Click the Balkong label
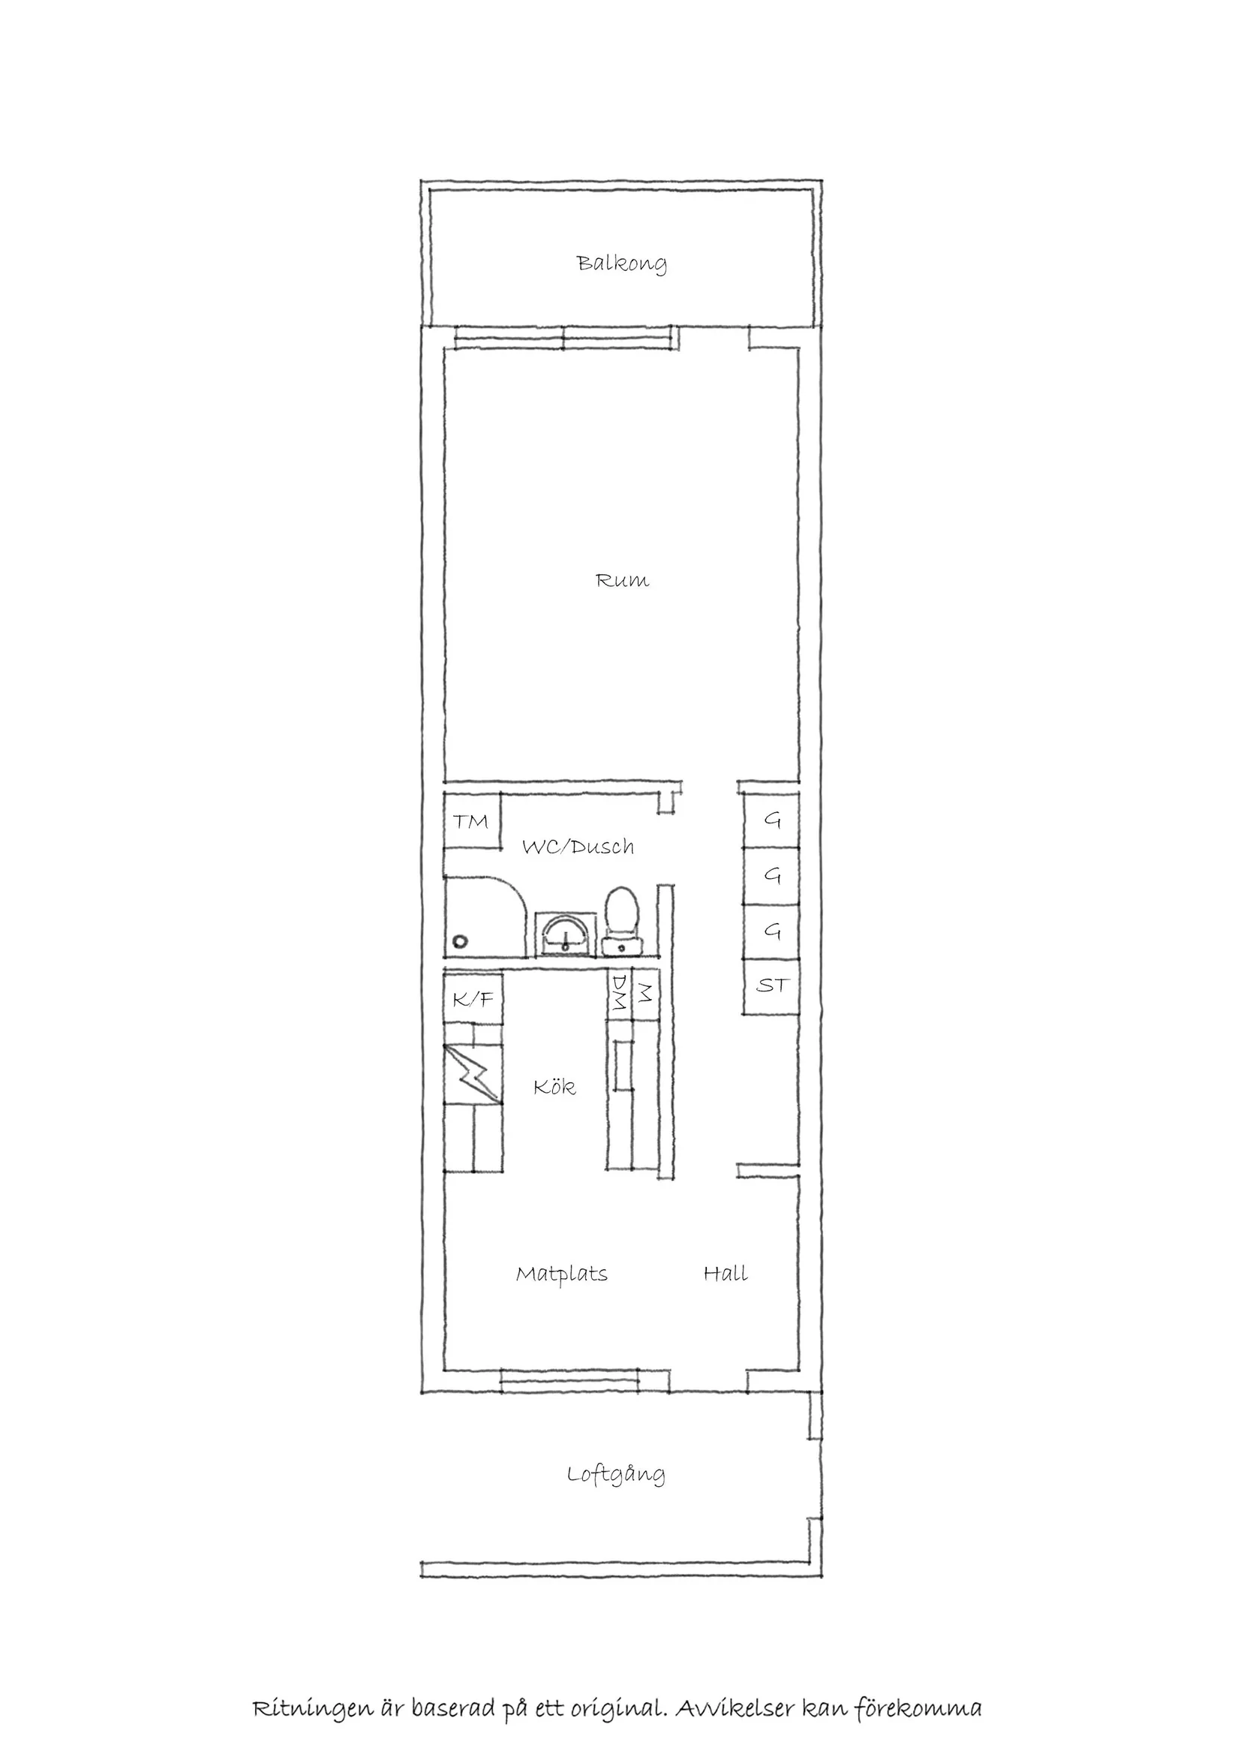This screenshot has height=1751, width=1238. [x=621, y=264]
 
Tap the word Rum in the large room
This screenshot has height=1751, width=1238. [x=622, y=581]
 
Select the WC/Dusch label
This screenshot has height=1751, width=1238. [x=578, y=847]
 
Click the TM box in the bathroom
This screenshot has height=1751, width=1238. [x=471, y=822]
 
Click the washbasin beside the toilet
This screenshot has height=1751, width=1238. [x=565, y=935]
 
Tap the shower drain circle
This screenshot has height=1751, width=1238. [x=460, y=942]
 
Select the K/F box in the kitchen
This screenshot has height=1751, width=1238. [x=473, y=999]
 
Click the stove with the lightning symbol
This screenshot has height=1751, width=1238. [x=473, y=1074]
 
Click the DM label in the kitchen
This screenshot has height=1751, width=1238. [x=619, y=993]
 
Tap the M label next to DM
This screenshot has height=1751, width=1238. [x=645, y=993]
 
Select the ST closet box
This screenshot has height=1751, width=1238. [x=771, y=985]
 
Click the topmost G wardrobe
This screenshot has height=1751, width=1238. [x=772, y=820]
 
